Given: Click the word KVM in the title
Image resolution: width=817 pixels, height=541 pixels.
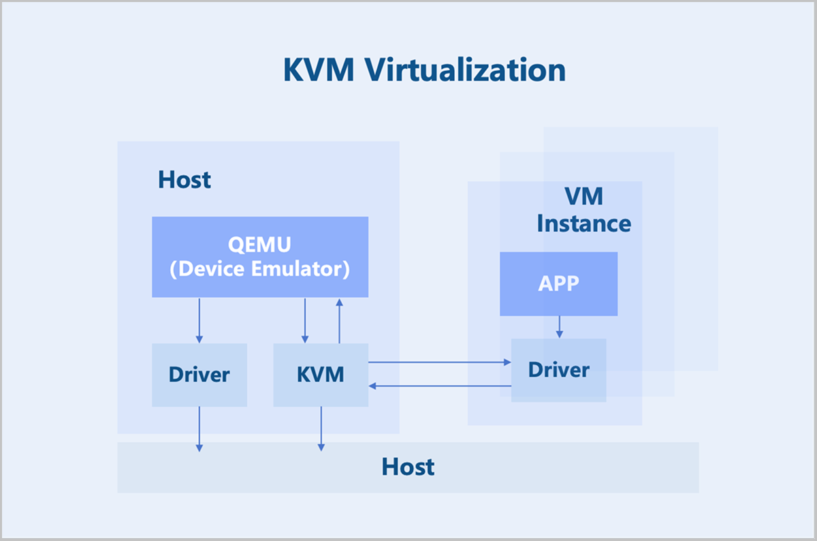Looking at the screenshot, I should pos(319,70).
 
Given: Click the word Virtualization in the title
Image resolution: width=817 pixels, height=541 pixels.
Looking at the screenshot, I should pos(465,70).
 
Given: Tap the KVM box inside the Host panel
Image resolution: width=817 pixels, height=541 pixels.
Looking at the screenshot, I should pos(321,375).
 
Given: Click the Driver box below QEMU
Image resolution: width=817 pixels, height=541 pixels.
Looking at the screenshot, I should pos(199,375).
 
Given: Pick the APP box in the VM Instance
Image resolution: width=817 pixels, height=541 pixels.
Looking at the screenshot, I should pos(558,283).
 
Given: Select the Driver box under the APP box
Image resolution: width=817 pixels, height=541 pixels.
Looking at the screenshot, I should pos(558,370).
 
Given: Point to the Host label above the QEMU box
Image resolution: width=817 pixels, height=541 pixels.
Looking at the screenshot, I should pos(185,180).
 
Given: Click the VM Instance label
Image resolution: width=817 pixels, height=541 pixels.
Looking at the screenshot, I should pos(583,210).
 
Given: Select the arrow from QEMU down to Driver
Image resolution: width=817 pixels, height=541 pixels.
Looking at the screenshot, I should pos(199,320).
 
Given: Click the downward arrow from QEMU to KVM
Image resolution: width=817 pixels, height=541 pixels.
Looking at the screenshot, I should pos(305,320).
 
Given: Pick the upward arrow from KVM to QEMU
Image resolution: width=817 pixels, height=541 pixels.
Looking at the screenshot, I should pos(339,320).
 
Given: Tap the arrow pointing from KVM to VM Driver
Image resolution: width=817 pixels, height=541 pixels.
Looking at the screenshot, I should pos(439,362).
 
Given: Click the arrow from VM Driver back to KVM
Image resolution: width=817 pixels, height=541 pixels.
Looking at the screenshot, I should pos(439,386).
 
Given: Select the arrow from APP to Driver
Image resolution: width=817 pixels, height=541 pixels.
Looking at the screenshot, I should pos(559,326).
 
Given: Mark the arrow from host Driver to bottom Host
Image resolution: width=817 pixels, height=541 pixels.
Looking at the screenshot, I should pos(199,429).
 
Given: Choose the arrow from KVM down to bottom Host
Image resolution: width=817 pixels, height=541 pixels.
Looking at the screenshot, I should pos(321,429).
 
